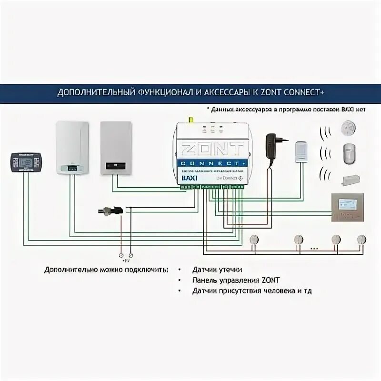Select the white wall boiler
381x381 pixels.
[x=72, y=148]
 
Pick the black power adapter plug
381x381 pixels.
[x=274, y=144]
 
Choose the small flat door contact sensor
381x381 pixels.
[x=351, y=180]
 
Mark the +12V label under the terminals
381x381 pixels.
[x=126, y=260]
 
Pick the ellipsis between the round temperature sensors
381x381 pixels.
[x=314, y=248]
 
